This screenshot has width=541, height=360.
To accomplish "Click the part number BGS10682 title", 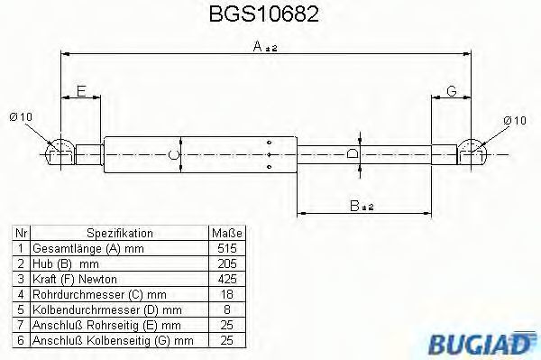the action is point(264,14).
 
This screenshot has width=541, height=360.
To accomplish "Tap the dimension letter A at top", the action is point(257,46).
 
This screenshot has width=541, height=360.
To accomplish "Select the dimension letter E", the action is point(81,91).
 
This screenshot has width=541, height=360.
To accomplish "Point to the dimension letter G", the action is point(452,91).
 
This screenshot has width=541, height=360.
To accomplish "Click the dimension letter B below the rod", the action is point(354,206).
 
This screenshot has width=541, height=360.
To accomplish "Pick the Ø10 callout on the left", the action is point(21,116).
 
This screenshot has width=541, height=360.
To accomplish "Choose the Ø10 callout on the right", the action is point(515,121).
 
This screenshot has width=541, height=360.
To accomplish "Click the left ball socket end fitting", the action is point(60,153).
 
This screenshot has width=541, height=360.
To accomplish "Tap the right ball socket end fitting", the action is point(472,153).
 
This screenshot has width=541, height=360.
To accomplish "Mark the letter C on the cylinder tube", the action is point(174,154).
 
